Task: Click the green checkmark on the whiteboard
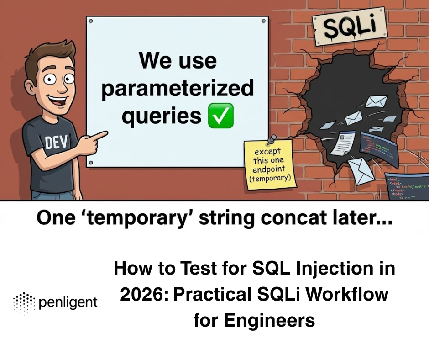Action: click(220, 116)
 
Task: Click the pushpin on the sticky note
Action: click(272, 139)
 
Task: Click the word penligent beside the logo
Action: click(68, 302)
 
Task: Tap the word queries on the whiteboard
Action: click(161, 116)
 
